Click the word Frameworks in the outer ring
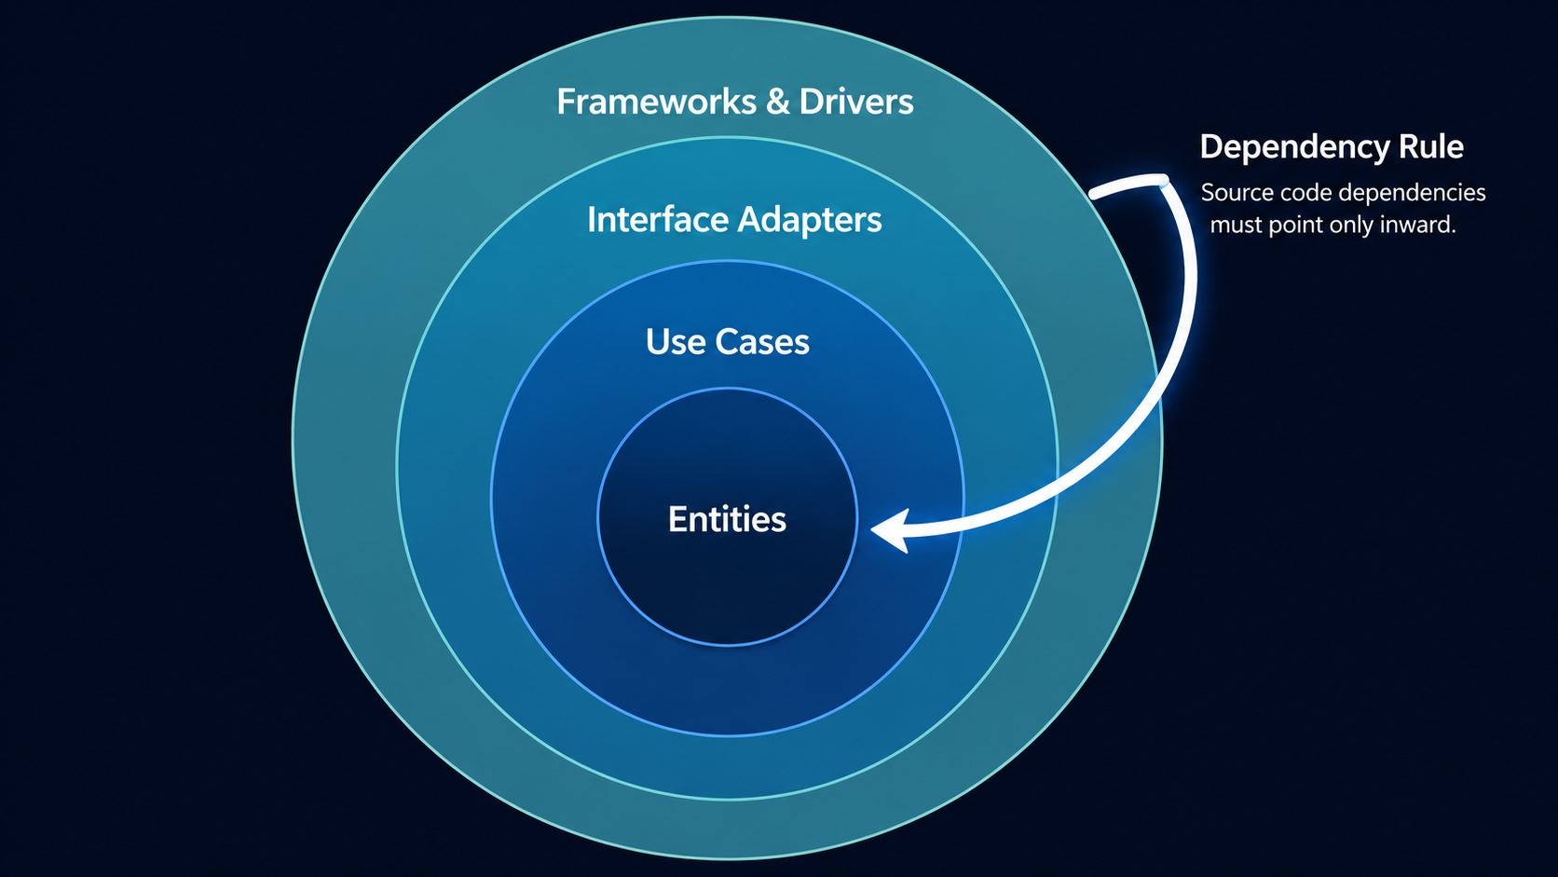657,102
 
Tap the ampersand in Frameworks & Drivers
778,102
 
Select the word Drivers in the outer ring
856,102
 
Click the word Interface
657,219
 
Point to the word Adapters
810,221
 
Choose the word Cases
762,342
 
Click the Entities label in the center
728,519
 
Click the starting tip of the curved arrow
1092,194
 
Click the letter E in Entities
677,519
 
